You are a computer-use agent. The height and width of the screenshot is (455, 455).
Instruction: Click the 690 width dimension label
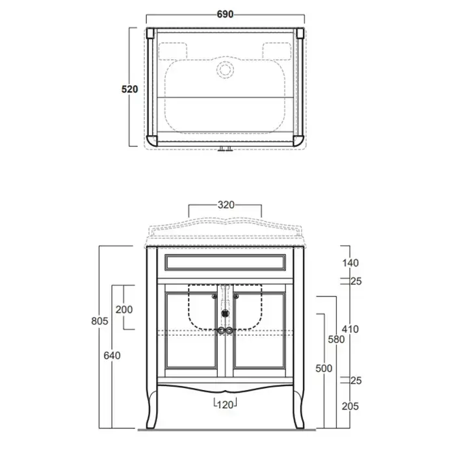[225, 14]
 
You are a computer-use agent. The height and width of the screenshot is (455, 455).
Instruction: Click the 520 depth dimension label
[130, 89]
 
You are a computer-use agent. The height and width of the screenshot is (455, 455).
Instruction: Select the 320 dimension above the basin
[226, 205]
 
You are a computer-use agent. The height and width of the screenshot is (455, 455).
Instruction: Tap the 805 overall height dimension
[99, 321]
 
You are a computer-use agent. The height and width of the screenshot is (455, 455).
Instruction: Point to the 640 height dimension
[112, 356]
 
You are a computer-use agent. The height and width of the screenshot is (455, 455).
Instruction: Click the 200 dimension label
[124, 309]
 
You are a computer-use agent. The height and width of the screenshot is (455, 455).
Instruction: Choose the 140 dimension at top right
[350, 263]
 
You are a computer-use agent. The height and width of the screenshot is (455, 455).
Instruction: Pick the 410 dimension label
[350, 329]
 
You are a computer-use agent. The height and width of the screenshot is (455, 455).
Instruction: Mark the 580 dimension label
[336, 339]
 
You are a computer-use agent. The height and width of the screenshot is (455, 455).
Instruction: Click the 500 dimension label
[324, 369]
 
